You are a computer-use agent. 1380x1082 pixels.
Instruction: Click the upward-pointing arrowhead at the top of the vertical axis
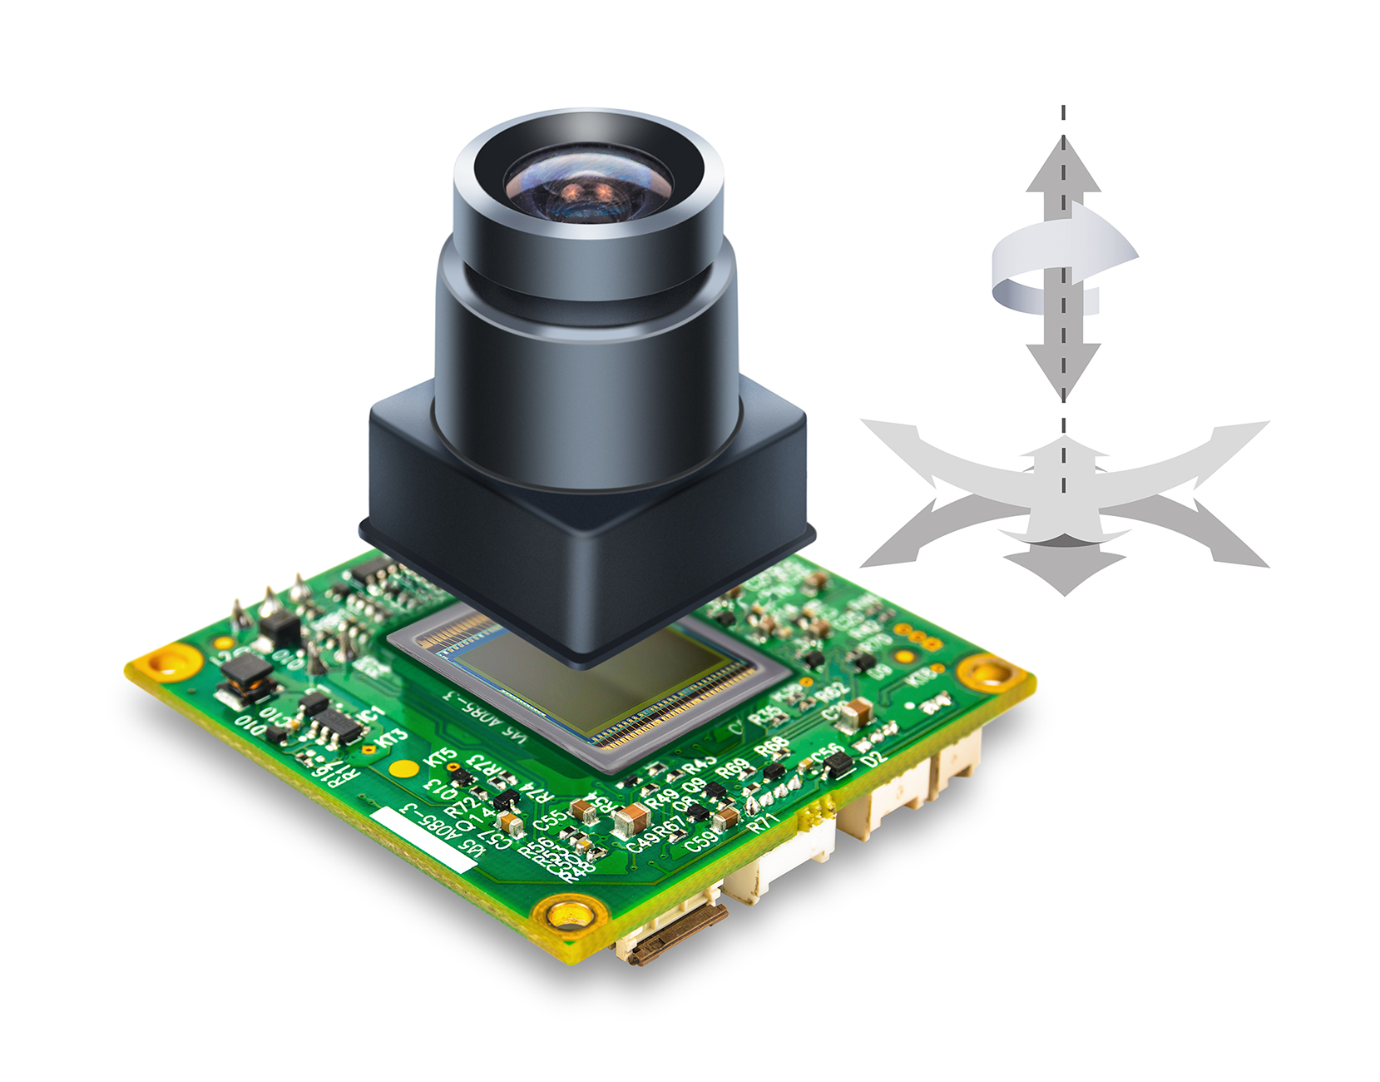[x=1063, y=166]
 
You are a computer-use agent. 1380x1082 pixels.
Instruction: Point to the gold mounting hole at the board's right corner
[x=988, y=671]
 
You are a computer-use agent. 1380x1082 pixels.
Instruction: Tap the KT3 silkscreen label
[x=391, y=737]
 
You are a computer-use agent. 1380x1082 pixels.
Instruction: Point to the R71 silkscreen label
[x=764, y=823]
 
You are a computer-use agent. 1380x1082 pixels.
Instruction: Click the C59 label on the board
[x=704, y=839]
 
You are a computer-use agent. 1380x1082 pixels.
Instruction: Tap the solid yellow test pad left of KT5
[x=404, y=768]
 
